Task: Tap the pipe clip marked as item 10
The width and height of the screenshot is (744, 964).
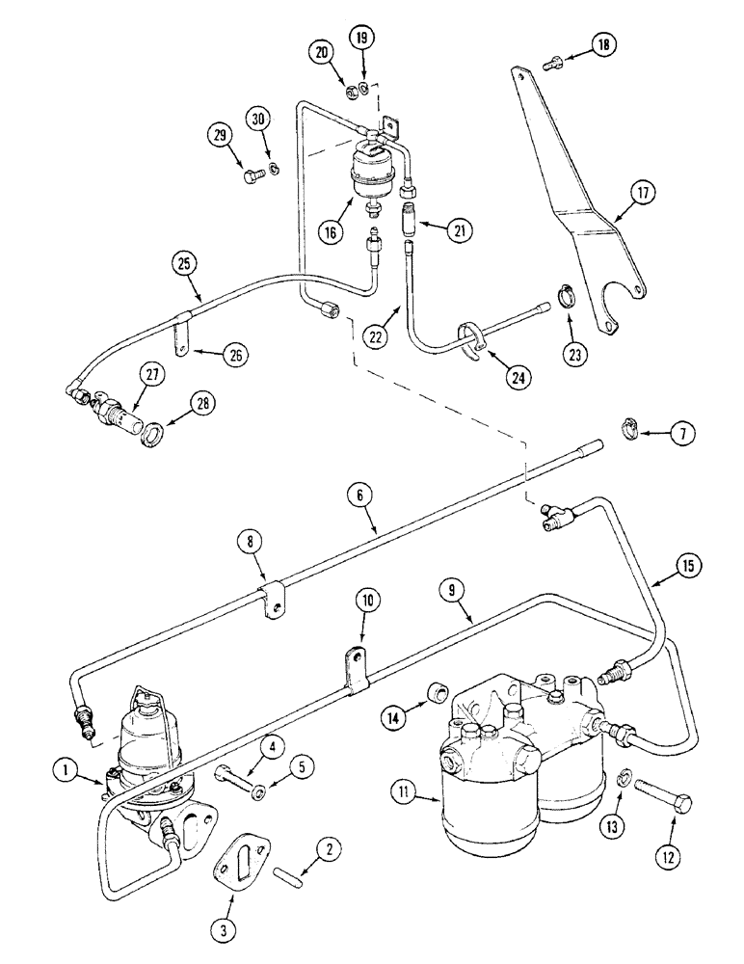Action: tap(353, 670)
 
